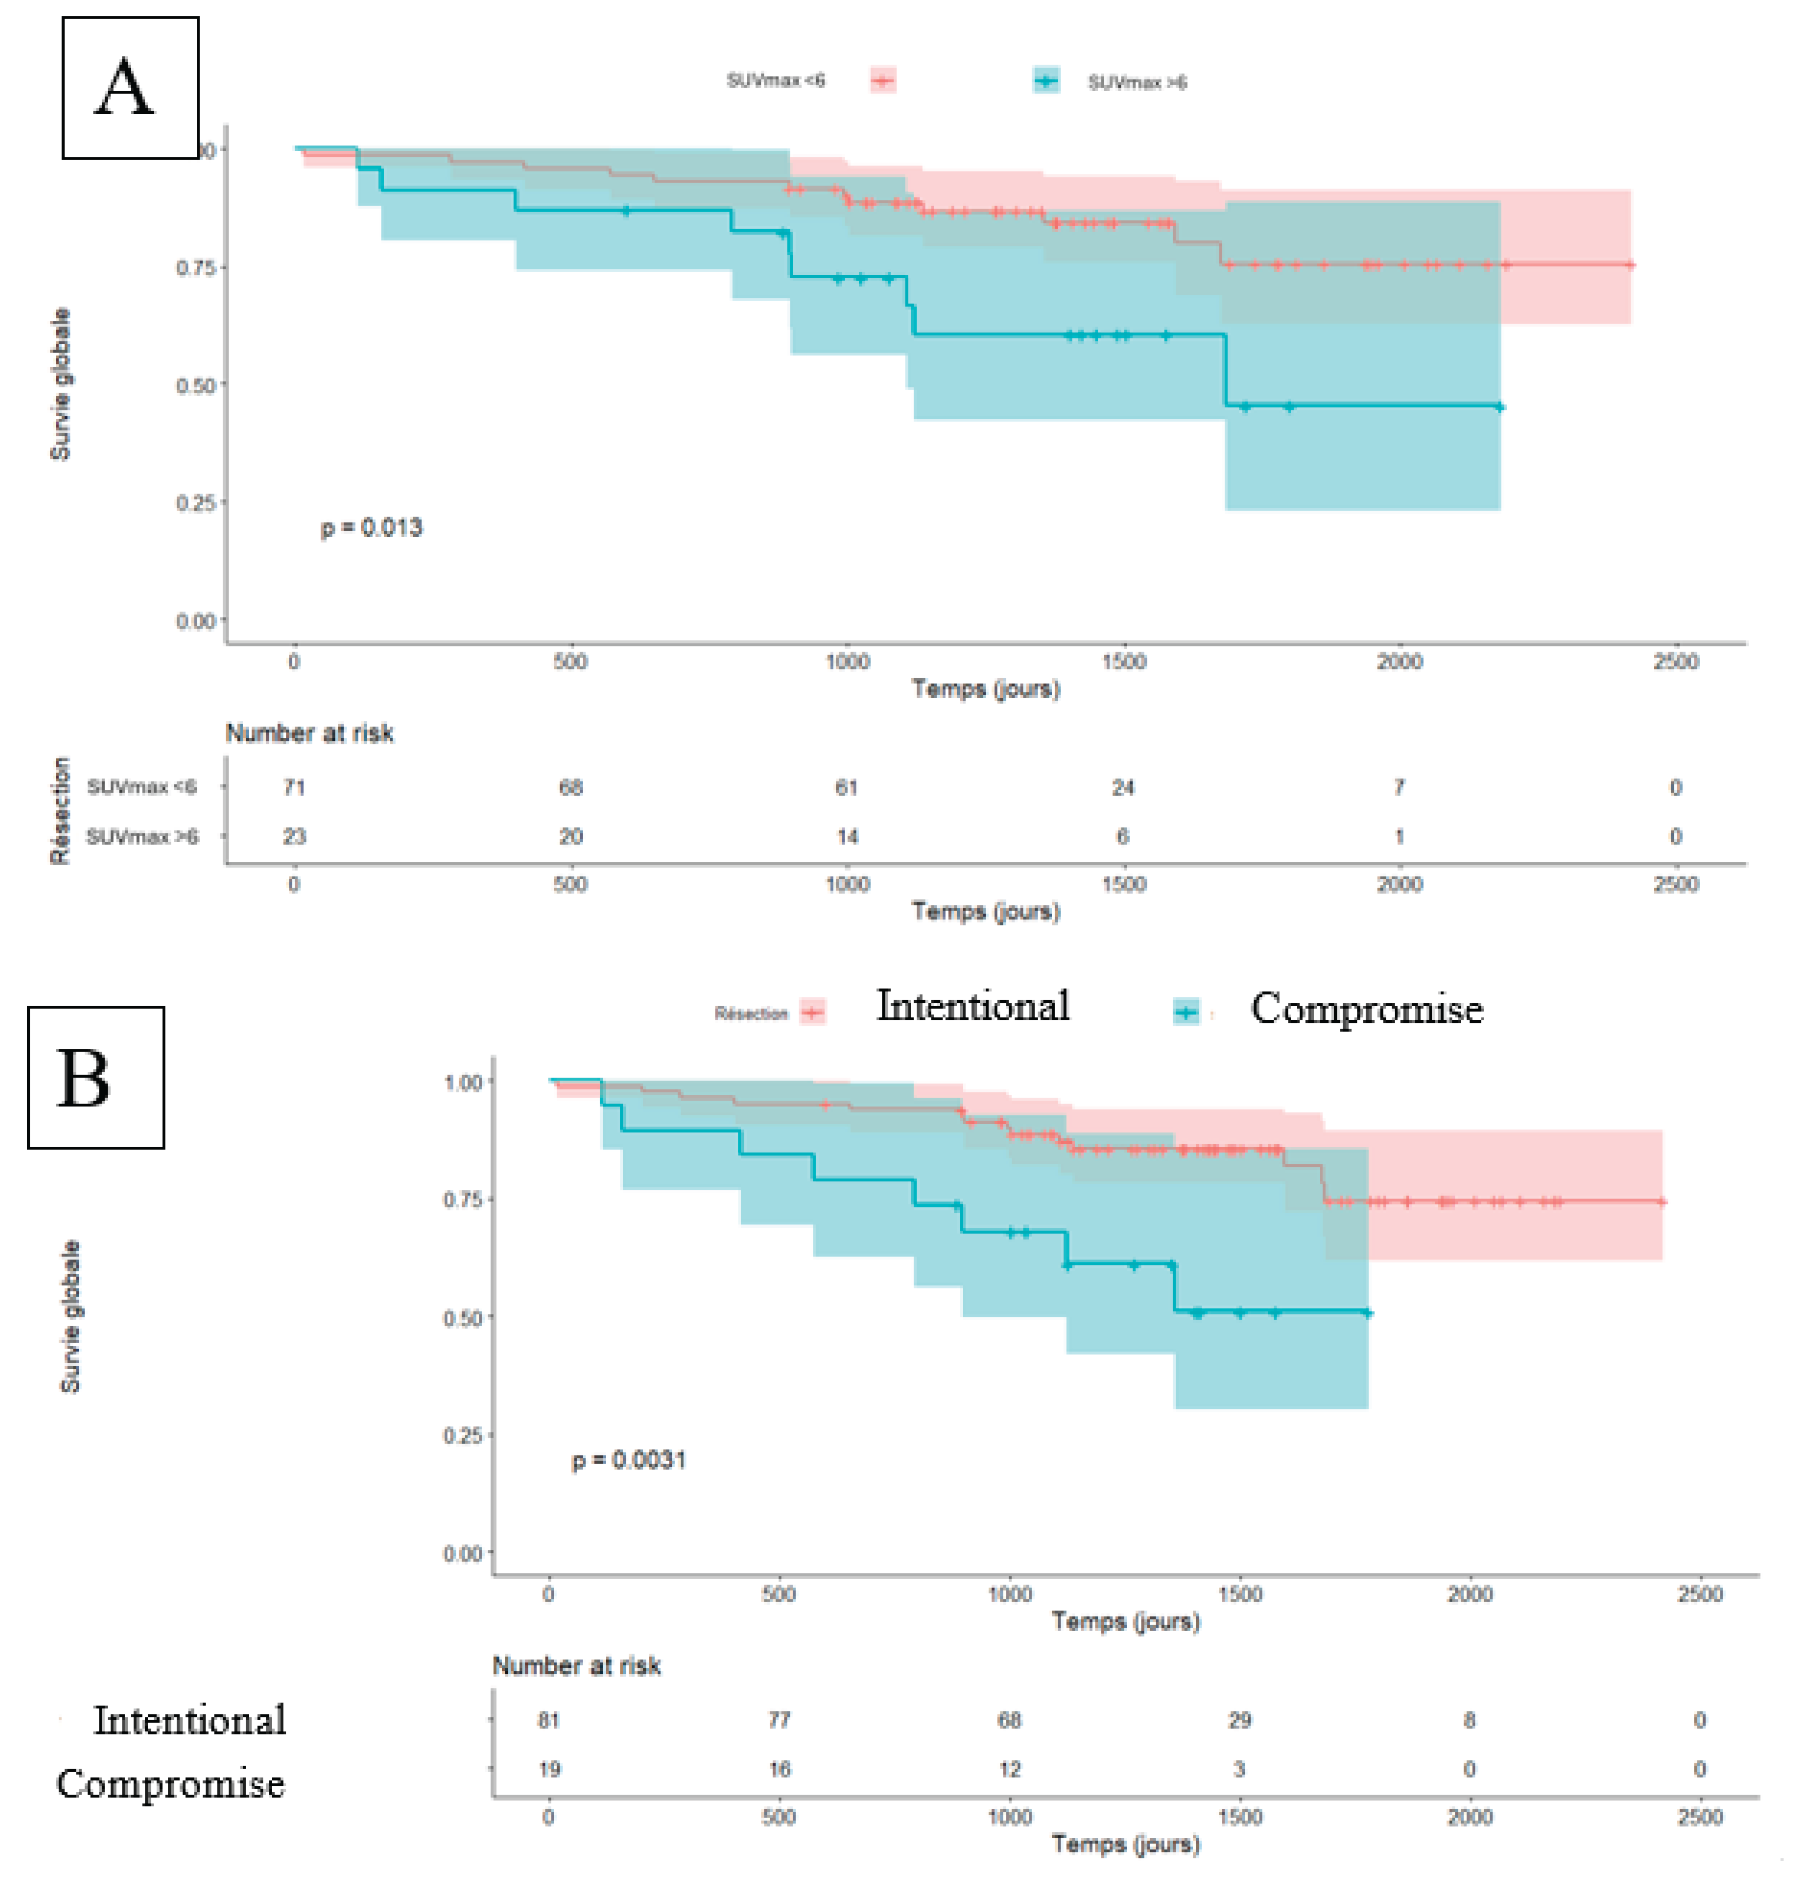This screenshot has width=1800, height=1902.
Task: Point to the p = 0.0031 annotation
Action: [x=628, y=1460]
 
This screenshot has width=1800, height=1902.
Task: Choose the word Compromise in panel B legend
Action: [x=1367, y=1009]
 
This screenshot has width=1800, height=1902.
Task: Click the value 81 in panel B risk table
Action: [x=549, y=1720]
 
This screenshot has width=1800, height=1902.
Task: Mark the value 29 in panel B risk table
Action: [x=1240, y=1720]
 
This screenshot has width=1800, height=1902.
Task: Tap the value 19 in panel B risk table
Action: [x=549, y=1769]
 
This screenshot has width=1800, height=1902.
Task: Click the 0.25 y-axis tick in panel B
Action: [x=463, y=1435]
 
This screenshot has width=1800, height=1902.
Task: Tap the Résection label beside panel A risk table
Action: [x=61, y=811]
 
